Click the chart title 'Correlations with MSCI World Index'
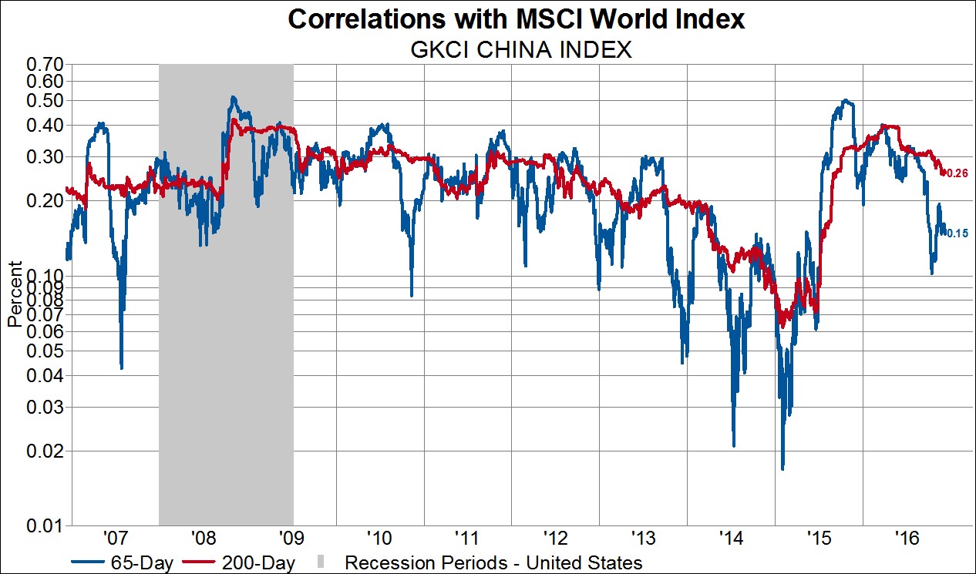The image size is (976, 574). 517,19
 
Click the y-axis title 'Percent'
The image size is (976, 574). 14,294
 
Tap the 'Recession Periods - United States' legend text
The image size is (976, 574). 493,563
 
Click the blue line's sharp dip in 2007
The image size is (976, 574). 122,368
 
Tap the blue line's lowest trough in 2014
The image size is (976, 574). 733,445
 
